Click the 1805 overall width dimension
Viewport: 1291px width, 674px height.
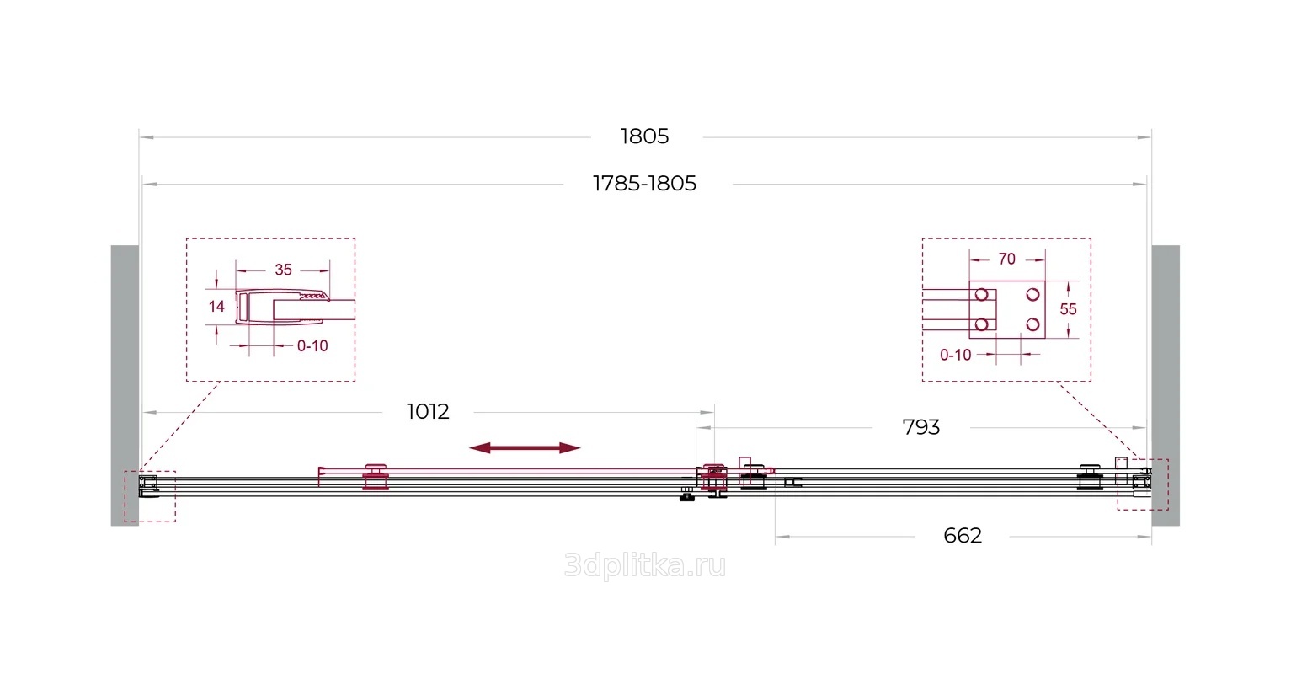click(x=644, y=136)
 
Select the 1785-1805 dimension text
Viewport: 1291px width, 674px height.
click(x=644, y=184)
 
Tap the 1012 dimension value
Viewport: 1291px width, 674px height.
click(x=428, y=412)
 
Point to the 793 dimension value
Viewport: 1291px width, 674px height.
click(x=920, y=427)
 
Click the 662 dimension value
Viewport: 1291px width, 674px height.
click(x=963, y=536)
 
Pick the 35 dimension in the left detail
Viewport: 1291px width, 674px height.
click(x=283, y=270)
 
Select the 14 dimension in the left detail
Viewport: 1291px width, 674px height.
click(x=216, y=306)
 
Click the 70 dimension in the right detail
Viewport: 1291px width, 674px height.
click(x=1006, y=259)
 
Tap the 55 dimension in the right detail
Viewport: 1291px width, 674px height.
click(x=1068, y=309)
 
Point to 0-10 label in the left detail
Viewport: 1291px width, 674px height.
click(x=312, y=346)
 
